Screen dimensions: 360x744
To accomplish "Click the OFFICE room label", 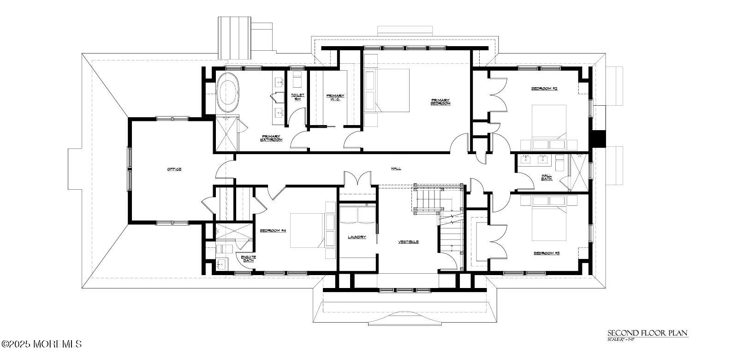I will point(174,169).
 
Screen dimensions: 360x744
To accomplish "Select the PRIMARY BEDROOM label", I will point(440,102).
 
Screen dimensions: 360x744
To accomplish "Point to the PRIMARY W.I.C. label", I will point(335,97).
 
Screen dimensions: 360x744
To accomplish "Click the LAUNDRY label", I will point(357,237).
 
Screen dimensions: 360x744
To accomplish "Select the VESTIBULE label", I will point(408,241).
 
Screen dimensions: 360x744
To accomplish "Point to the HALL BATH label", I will point(547,177).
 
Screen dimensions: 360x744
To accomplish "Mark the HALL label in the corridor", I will point(395,169).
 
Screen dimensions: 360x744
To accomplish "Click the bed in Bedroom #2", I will point(549,122).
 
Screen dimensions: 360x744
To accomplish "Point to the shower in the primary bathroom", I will point(226,134).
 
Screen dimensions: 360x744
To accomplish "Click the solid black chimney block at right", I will point(598,138).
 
